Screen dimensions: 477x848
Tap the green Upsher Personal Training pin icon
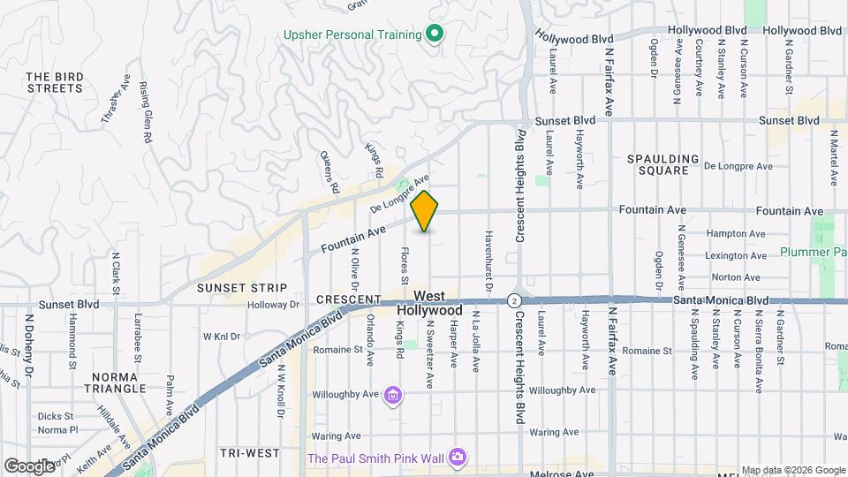[434, 34]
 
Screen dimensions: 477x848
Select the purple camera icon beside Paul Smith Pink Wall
[458, 457]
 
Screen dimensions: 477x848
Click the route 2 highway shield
[513, 300]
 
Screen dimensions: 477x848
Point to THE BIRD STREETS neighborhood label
[55, 82]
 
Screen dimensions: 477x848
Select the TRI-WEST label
[250, 452]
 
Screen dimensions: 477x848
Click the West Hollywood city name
[428, 303]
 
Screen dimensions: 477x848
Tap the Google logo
[28, 466]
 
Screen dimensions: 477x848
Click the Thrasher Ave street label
[116, 99]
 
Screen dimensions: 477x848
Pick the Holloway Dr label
[274, 305]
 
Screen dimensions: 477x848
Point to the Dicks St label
[54, 416]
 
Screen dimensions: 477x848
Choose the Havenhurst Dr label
[488, 262]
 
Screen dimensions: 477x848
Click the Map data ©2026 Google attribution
[791, 470]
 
